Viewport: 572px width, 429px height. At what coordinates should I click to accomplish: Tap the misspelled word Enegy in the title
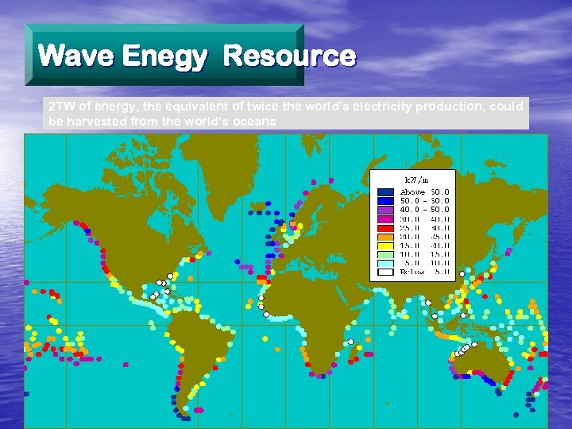pos(165,57)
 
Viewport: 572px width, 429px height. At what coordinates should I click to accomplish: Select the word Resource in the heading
pos(289,56)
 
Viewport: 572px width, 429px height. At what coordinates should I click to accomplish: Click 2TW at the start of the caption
pos(60,106)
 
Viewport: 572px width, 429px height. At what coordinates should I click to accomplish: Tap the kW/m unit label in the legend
pos(417,180)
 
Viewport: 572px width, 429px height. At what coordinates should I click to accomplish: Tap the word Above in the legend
pos(413,192)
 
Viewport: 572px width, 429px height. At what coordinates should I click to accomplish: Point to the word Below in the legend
pos(413,272)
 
